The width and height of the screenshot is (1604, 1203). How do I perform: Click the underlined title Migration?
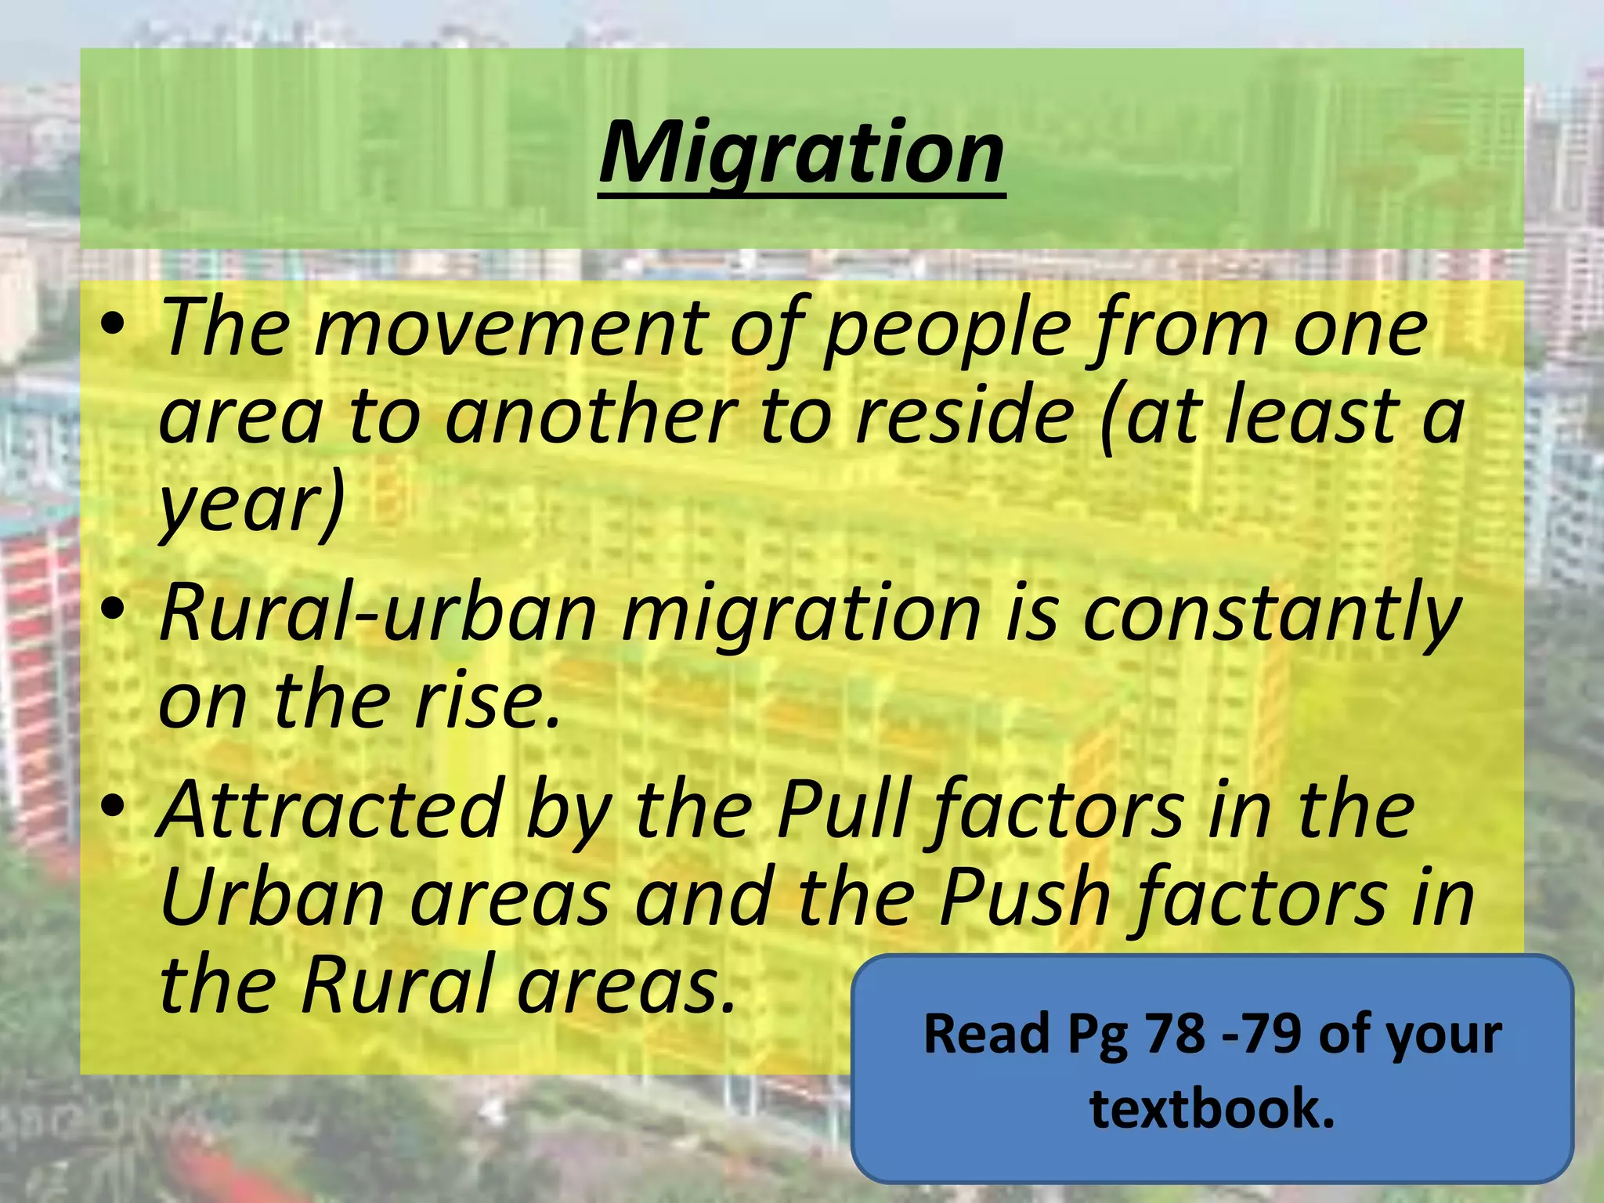801,153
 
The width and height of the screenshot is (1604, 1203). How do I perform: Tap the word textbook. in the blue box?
1212,1108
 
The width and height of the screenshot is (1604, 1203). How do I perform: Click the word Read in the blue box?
986,1034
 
